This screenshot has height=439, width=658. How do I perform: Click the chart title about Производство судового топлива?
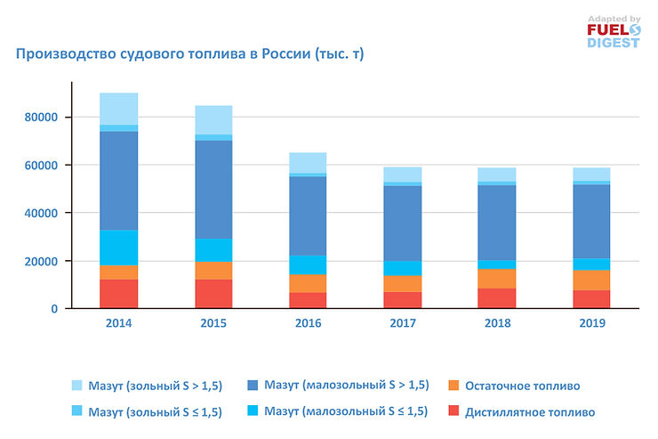[x=189, y=54]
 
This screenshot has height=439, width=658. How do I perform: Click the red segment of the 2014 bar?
[x=118, y=294]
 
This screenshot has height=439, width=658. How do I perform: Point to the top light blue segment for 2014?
[x=118, y=109]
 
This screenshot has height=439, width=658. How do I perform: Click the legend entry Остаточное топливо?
[x=524, y=386]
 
